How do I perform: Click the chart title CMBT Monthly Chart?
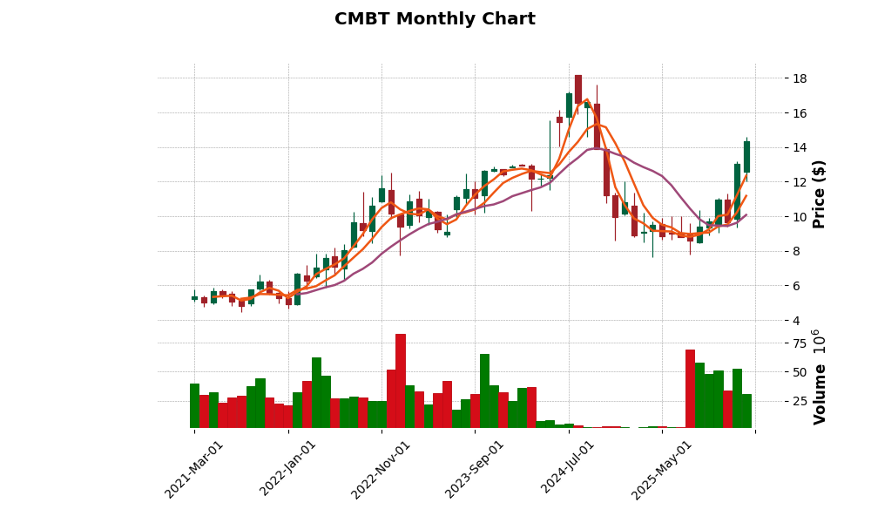[x=435, y=19]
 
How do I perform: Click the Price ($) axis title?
[x=820, y=194]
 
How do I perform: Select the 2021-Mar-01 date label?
[x=194, y=469]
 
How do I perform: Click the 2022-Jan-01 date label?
[x=288, y=469]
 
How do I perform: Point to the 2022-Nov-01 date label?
[x=381, y=469]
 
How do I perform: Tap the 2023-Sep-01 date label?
[x=475, y=469]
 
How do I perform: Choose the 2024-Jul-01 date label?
[x=568, y=469]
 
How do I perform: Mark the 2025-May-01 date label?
[x=662, y=469]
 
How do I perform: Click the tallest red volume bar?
[x=400, y=380]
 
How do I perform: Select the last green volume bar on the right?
[x=746, y=411]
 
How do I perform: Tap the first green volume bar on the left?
[x=194, y=405]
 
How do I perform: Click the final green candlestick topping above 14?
[x=746, y=157]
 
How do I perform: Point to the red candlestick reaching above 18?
[x=577, y=89]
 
